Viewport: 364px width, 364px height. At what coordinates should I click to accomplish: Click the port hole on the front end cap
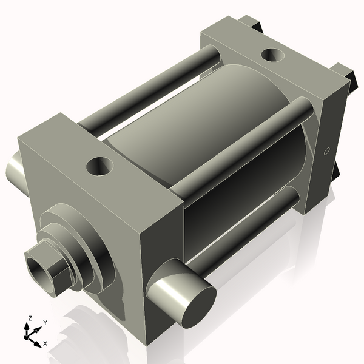tap(99, 166)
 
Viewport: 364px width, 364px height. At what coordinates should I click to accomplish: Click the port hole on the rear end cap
tap(272, 55)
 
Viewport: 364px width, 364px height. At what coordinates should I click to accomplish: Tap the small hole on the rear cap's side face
tap(326, 151)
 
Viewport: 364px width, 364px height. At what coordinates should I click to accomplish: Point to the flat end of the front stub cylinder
tap(199, 306)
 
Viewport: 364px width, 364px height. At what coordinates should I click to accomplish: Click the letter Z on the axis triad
tap(30, 318)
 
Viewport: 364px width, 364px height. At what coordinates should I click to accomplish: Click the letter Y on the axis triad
tap(45, 323)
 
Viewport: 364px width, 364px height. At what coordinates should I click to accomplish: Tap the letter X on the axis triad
tap(45, 343)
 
